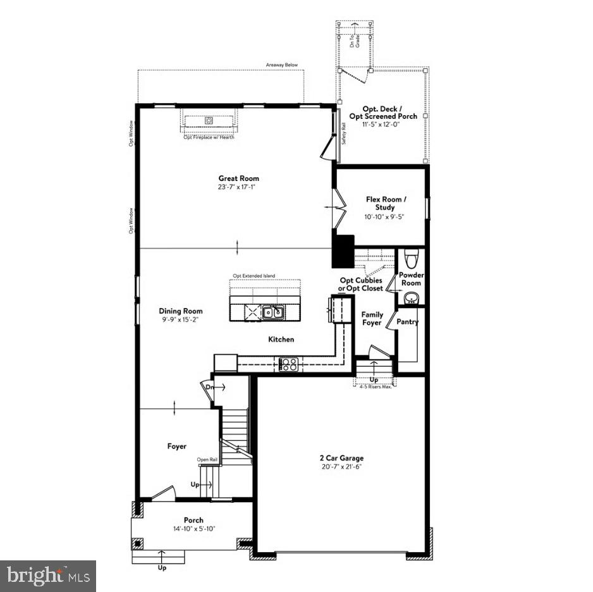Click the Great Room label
pyautogui.click(x=238, y=178)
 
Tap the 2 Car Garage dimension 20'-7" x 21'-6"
pyautogui.click(x=341, y=467)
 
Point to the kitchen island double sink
pyautogui.click(x=274, y=311)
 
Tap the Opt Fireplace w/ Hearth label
pyautogui.click(x=209, y=137)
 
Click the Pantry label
pyautogui.click(x=408, y=322)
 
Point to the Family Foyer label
pyautogui.click(x=372, y=319)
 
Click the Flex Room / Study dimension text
pyautogui.click(x=384, y=216)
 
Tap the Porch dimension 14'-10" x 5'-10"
pyautogui.click(x=193, y=529)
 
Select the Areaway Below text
pyautogui.click(x=282, y=65)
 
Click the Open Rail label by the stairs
pyautogui.click(x=207, y=460)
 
